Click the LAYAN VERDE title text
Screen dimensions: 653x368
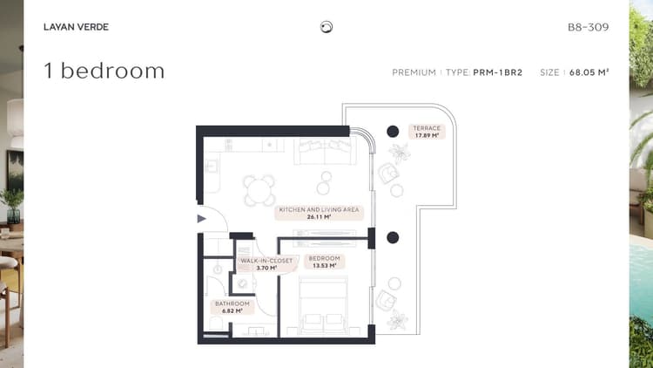77,27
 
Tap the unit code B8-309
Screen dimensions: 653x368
588,27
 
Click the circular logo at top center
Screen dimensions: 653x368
326,27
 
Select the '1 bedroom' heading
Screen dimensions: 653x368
104,71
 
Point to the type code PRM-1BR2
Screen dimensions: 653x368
498,72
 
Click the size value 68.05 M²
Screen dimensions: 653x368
589,72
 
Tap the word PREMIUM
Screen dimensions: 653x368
414,72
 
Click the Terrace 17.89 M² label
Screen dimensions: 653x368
427,132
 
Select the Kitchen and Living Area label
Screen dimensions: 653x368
319,213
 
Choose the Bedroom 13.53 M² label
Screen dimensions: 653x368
325,262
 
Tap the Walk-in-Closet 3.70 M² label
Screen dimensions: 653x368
266,264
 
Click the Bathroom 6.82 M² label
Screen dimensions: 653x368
232,307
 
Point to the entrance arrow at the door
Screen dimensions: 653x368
202,218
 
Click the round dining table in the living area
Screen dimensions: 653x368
259,191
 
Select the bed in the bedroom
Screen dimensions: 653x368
323,305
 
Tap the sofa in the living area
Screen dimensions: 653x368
326,151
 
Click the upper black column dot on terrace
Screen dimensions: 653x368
393,132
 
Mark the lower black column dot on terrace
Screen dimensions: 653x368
393,237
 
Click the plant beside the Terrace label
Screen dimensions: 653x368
400,153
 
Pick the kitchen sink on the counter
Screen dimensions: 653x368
211,167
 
